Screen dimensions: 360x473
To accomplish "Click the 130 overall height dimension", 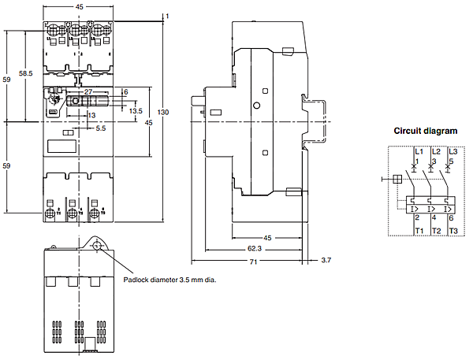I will tap(163, 113).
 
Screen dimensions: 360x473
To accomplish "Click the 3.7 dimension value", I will tap(326, 259).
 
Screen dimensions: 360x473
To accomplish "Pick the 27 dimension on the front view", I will tap(89, 92).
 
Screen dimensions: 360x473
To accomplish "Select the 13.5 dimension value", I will tap(136, 111).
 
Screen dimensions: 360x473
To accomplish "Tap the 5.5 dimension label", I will tap(101, 128).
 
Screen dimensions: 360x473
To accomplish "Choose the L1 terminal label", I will tap(418, 150).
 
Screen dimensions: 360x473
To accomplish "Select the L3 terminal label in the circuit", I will tap(453, 150).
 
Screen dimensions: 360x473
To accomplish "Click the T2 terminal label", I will tap(436, 230).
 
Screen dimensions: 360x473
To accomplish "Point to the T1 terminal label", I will tap(419, 230).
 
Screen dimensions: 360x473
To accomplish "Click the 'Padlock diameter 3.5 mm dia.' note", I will tap(170, 279).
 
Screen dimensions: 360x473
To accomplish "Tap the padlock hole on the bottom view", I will tap(98, 246).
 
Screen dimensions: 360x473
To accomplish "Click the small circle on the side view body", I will tap(256, 105).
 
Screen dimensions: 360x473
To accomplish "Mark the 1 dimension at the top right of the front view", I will tap(169, 15).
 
